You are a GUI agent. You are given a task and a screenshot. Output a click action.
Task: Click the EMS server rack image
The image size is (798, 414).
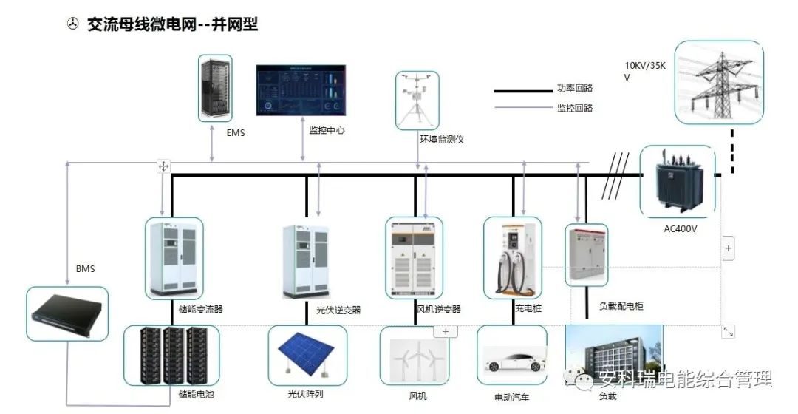pos(215,88)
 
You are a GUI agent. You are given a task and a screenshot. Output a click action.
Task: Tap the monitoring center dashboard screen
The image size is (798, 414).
pos(301,90)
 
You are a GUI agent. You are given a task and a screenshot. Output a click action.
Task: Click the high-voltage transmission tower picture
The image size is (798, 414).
pos(719,82)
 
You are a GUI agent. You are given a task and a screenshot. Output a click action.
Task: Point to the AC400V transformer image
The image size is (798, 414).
pos(677,181)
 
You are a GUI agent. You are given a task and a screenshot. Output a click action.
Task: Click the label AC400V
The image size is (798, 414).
pos(681,228)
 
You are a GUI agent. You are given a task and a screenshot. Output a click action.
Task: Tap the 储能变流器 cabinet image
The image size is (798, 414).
pos(174,257)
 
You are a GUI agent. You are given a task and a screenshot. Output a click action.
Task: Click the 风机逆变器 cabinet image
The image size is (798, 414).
pos(414,258)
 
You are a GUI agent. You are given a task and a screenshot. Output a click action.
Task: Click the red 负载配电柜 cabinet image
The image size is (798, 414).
pos(587,254)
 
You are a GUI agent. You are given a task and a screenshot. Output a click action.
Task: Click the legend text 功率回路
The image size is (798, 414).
pos(575,88)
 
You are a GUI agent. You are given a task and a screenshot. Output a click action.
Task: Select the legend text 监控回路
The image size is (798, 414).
pos(575,108)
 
